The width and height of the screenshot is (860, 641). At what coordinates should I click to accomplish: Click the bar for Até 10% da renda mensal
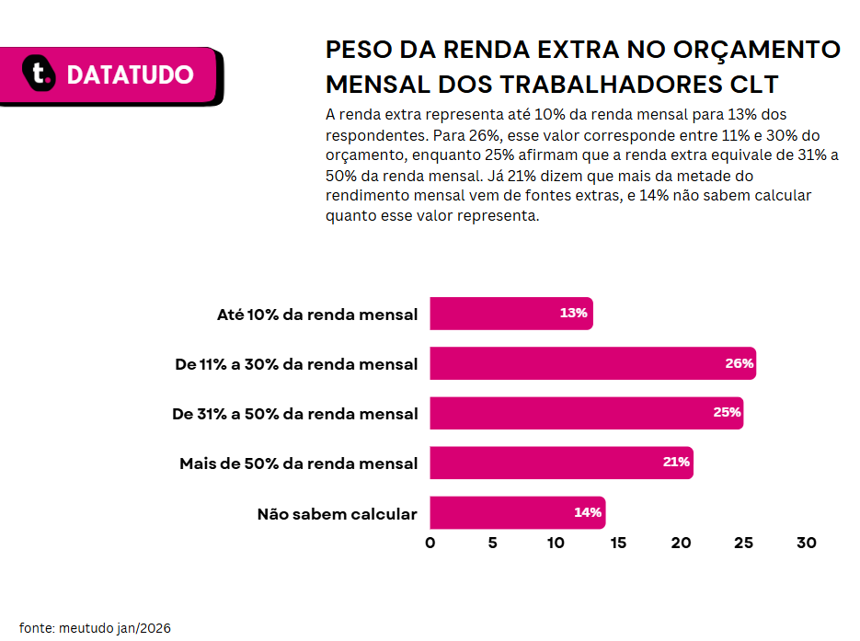(511, 314)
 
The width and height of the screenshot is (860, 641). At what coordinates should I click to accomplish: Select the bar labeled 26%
(593, 363)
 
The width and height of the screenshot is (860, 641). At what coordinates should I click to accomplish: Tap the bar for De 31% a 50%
(586, 413)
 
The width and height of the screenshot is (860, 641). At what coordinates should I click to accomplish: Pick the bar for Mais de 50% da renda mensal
(562, 463)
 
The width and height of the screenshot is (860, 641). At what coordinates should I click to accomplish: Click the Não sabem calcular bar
(518, 512)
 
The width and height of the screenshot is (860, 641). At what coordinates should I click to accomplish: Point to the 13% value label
(573, 313)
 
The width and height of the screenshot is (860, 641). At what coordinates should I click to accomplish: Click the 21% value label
(676, 462)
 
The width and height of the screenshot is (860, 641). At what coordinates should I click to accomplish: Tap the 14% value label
(588, 512)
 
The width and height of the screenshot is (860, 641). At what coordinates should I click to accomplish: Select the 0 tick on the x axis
(430, 543)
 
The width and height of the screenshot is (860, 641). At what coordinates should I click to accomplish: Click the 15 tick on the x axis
(618, 543)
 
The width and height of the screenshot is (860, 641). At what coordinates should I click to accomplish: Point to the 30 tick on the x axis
(807, 543)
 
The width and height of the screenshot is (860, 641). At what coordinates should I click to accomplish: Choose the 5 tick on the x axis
(492, 543)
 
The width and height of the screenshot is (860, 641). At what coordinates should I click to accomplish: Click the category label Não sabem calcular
(338, 514)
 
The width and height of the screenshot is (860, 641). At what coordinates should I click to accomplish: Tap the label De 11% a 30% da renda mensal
(296, 364)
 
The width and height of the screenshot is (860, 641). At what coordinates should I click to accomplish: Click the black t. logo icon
(39, 73)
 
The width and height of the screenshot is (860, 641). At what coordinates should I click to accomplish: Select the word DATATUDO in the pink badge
(130, 74)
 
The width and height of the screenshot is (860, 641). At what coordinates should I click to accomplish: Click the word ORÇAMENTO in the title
(757, 50)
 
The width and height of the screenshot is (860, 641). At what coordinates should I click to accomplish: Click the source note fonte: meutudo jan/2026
(95, 628)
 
